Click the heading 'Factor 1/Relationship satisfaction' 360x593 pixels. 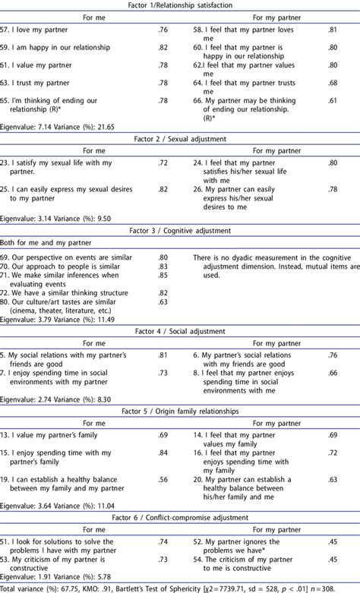pyautogui.click(x=180, y=5)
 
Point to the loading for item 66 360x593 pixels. pyautogui.click(x=333, y=101)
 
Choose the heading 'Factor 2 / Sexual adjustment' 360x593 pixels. pyautogui.click(x=180, y=139)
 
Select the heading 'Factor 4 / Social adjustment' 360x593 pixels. pyautogui.click(x=180, y=331)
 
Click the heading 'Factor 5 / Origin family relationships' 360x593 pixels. pyautogui.click(x=180, y=411)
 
